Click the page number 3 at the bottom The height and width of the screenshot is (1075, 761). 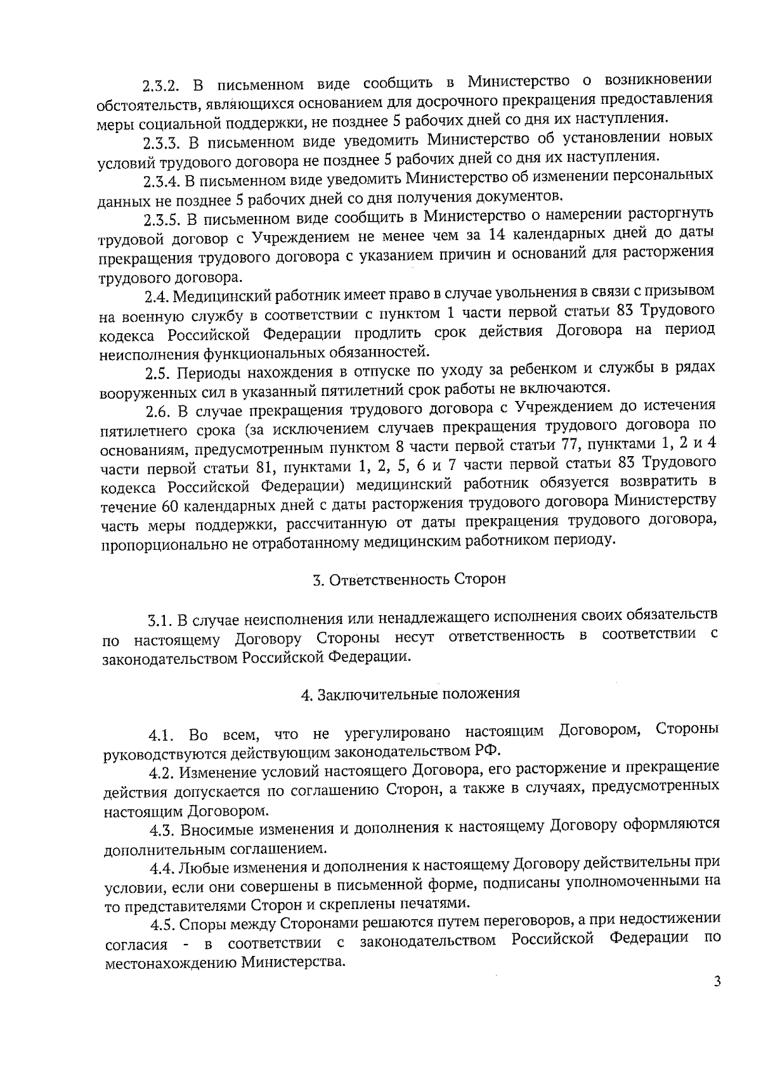[717, 1000]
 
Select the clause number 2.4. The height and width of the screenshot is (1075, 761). [156, 296]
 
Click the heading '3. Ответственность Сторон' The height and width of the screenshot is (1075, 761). [409, 580]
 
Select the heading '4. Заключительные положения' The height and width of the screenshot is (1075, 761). [410, 694]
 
